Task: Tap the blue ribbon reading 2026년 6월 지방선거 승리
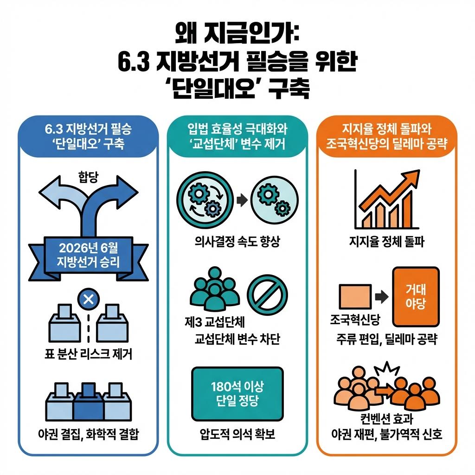(x=88, y=254)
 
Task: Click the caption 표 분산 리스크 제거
(x=88, y=355)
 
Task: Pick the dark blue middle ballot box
(x=88, y=399)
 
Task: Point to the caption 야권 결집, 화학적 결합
(x=88, y=435)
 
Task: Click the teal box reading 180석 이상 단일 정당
(x=237, y=394)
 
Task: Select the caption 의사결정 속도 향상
(x=237, y=242)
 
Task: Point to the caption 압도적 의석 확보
(x=237, y=435)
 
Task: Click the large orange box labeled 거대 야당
(x=415, y=297)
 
